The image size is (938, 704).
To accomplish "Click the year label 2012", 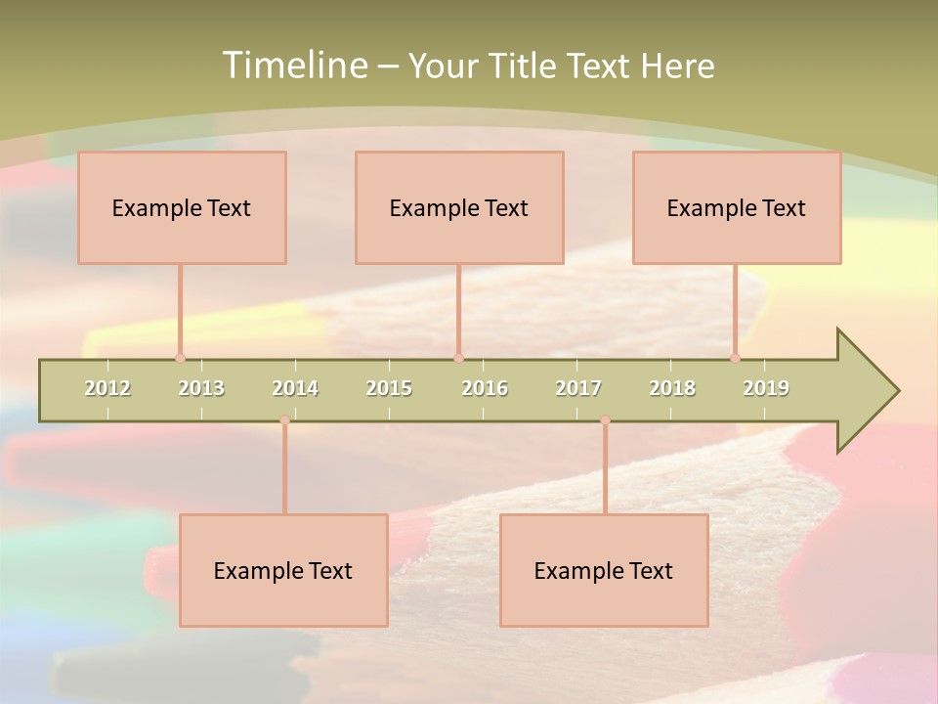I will click(x=107, y=388).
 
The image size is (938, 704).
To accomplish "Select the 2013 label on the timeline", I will click(x=201, y=388).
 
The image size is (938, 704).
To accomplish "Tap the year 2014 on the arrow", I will click(x=295, y=388).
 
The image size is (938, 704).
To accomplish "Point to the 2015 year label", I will click(x=389, y=388).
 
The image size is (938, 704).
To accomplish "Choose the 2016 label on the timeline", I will click(x=485, y=388).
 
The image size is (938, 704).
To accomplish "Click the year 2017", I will click(x=578, y=388).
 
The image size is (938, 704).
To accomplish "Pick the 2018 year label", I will click(x=672, y=388).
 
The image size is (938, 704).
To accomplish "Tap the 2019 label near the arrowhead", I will click(x=766, y=388).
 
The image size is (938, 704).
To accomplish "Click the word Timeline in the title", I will click(x=294, y=66).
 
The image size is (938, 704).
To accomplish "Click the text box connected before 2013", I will click(x=182, y=207).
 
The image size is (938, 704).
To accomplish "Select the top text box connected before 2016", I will click(x=459, y=207).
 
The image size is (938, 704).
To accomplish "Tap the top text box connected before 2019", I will click(x=737, y=207).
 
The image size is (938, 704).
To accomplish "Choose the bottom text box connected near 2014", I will click(x=283, y=570).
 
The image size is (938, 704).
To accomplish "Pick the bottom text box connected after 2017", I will click(x=604, y=570).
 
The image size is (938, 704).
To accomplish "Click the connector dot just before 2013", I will click(x=180, y=359).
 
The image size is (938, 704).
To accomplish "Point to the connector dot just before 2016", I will click(x=458, y=359).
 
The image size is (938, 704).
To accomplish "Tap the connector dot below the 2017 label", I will click(x=605, y=420).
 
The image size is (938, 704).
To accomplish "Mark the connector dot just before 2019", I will click(x=736, y=359).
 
